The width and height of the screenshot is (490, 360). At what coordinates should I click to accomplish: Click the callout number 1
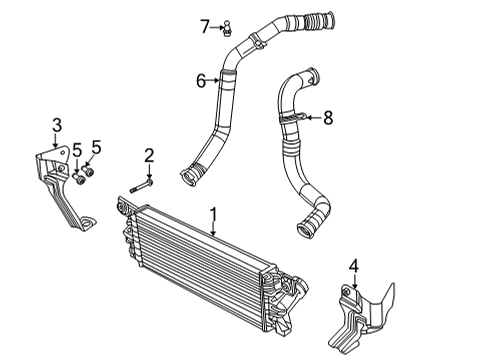[x=212, y=214]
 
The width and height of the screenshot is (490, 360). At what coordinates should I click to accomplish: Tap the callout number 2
[x=148, y=155]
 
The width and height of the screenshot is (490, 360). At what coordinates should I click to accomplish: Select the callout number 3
[x=57, y=124]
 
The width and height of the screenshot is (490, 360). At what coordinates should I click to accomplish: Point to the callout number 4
[x=353, y=266]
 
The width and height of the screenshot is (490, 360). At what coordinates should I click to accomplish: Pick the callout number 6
[x=200, y=81]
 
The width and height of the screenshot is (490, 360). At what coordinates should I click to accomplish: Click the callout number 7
[x=204, y=24]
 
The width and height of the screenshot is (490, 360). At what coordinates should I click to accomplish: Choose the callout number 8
[x=326, y=118]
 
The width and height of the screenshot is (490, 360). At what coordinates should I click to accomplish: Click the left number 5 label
[x=76, y=150]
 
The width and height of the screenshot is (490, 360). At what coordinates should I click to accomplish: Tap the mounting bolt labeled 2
[x=140, y=185]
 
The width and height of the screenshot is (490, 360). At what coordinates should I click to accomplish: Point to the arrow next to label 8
[x=312, y=118]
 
